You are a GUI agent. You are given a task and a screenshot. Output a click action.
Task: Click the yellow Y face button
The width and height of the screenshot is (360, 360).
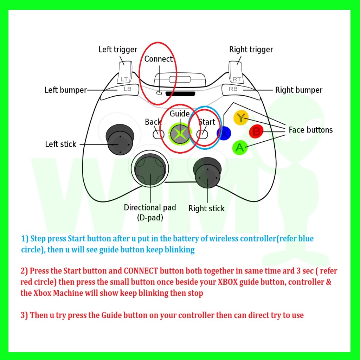pyautogui.click(x=241, y=117)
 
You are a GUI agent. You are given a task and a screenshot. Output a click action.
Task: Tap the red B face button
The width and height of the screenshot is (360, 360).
pyautogui.click(x=256, y=132)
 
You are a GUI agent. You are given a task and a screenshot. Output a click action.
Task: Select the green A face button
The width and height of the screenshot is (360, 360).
pyautogui.click(x=240, y=148)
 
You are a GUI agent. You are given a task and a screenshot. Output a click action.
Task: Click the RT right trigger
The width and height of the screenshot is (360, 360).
pyautogui.click(x=236, y=72)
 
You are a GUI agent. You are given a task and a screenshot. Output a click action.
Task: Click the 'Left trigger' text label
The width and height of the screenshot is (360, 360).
pyautogui.click(x=118, y=50)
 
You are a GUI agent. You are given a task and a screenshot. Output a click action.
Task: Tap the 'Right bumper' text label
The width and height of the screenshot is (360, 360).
pyautogui.click(x=298, y=90)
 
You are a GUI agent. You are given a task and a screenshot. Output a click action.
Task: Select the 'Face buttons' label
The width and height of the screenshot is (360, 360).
pyautogui.click(x=310, y=130)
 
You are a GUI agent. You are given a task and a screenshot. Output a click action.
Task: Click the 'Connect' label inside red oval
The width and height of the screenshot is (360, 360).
pyautogui.click(x=159, y=59)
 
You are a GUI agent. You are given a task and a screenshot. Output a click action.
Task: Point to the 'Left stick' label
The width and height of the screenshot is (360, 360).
pyautogui.click(x=61, y=144)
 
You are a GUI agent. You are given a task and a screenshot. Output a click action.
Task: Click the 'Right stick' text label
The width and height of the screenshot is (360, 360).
pyautogui.click(x=206, y=208)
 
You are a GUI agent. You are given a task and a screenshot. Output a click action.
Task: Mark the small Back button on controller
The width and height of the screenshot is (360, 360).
pyautogui.click(x=156, y=134)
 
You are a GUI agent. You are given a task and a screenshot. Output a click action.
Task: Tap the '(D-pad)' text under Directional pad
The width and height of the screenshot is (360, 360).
pyautogui.click(x=150, y=218)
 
